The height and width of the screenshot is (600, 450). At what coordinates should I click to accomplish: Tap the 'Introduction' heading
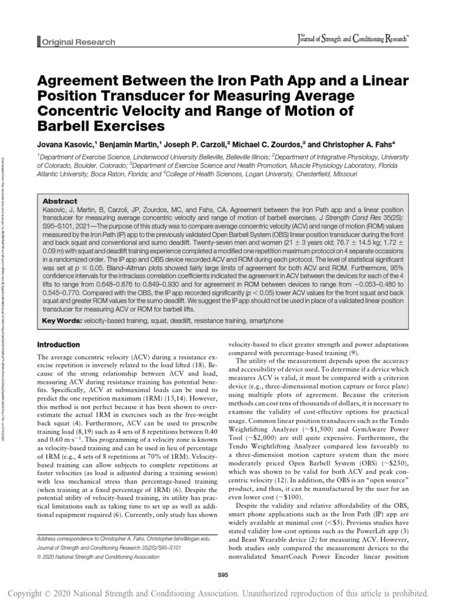click(57, 345)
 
